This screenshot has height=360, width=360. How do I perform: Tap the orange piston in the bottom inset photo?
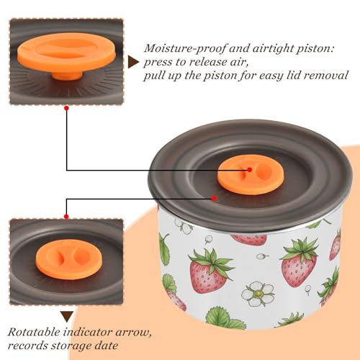pos(69,259)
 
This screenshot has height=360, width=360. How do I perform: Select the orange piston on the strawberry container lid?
pos(251,174)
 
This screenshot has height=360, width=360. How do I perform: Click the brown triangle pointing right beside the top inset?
pos(133,62)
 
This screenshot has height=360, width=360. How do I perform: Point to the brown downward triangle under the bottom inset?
pos(67,317)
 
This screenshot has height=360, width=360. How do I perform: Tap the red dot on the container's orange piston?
pos(250,170)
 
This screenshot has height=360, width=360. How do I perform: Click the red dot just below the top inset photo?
pos(67,108)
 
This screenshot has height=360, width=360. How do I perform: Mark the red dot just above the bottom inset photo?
pos(66,217)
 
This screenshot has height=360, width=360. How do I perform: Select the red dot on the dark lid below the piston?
pos(214,199)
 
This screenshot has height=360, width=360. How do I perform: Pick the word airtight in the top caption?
pos(271,49)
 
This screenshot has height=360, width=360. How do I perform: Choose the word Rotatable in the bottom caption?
pos(34,332)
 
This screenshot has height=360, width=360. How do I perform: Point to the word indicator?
pos(88,332)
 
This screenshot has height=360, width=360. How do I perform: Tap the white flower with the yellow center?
pos(258,294)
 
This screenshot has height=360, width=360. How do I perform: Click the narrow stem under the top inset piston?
pos(68,76)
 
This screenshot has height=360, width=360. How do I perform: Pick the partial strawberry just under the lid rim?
pos(249,239)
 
